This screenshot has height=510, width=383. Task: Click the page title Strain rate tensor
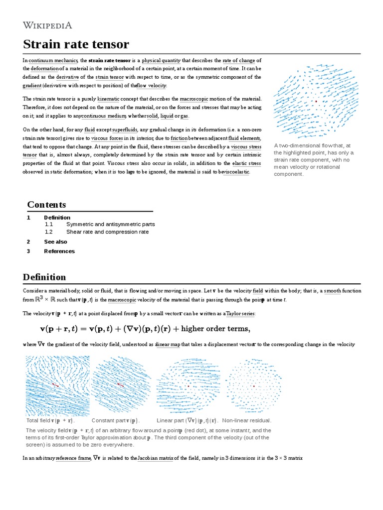point(76,44)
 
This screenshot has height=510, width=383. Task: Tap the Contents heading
point(46,205)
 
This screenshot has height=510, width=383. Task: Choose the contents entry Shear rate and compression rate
point(107,232)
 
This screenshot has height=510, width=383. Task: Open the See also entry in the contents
point(55,242)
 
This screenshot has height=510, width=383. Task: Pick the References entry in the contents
point(59,251)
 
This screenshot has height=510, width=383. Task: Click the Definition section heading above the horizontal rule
point(44,277)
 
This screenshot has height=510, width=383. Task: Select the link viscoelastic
point(237,172)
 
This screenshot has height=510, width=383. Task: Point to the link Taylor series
point(242,313)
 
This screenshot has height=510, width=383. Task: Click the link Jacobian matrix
point(155,458)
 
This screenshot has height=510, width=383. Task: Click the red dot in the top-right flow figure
point(316,101)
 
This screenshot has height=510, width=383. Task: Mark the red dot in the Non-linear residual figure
point(254,386)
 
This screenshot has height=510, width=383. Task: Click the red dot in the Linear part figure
point(188,386)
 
